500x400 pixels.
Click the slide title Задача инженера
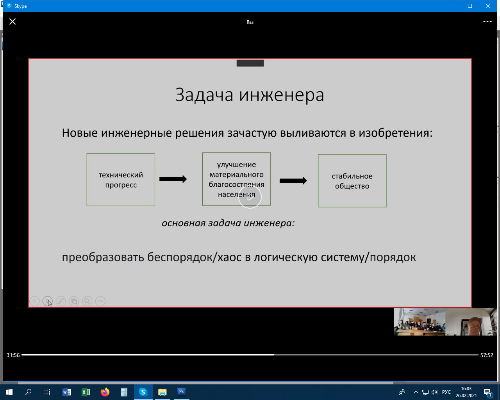(x=250, y=95)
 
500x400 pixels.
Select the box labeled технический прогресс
(x=121, y=180)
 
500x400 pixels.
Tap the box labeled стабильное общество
(x=352, y=180)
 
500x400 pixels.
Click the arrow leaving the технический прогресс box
(x=173, y=179)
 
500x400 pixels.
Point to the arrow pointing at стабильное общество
(x=293, y=180)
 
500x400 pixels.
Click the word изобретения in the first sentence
(x=396, y=133)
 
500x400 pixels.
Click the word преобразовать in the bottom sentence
(x=103, y=257)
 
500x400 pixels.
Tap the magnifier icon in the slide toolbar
(x=87, y=301)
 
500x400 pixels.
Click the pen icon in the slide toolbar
(x=61, y=301)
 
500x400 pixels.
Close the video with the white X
(x=12, y=21)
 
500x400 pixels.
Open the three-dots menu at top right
(x=487, y=21)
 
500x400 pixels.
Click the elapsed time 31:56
(x=13, y=355)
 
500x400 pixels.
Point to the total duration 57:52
(x=487, y=355)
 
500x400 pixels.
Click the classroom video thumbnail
(x=420, y=321)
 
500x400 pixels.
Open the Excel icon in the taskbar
(x=86, y=392)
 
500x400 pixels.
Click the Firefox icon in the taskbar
(x=105, y=392)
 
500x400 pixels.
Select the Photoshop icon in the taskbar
(x=182, y=392)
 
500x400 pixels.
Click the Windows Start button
(x=9, y=392)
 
